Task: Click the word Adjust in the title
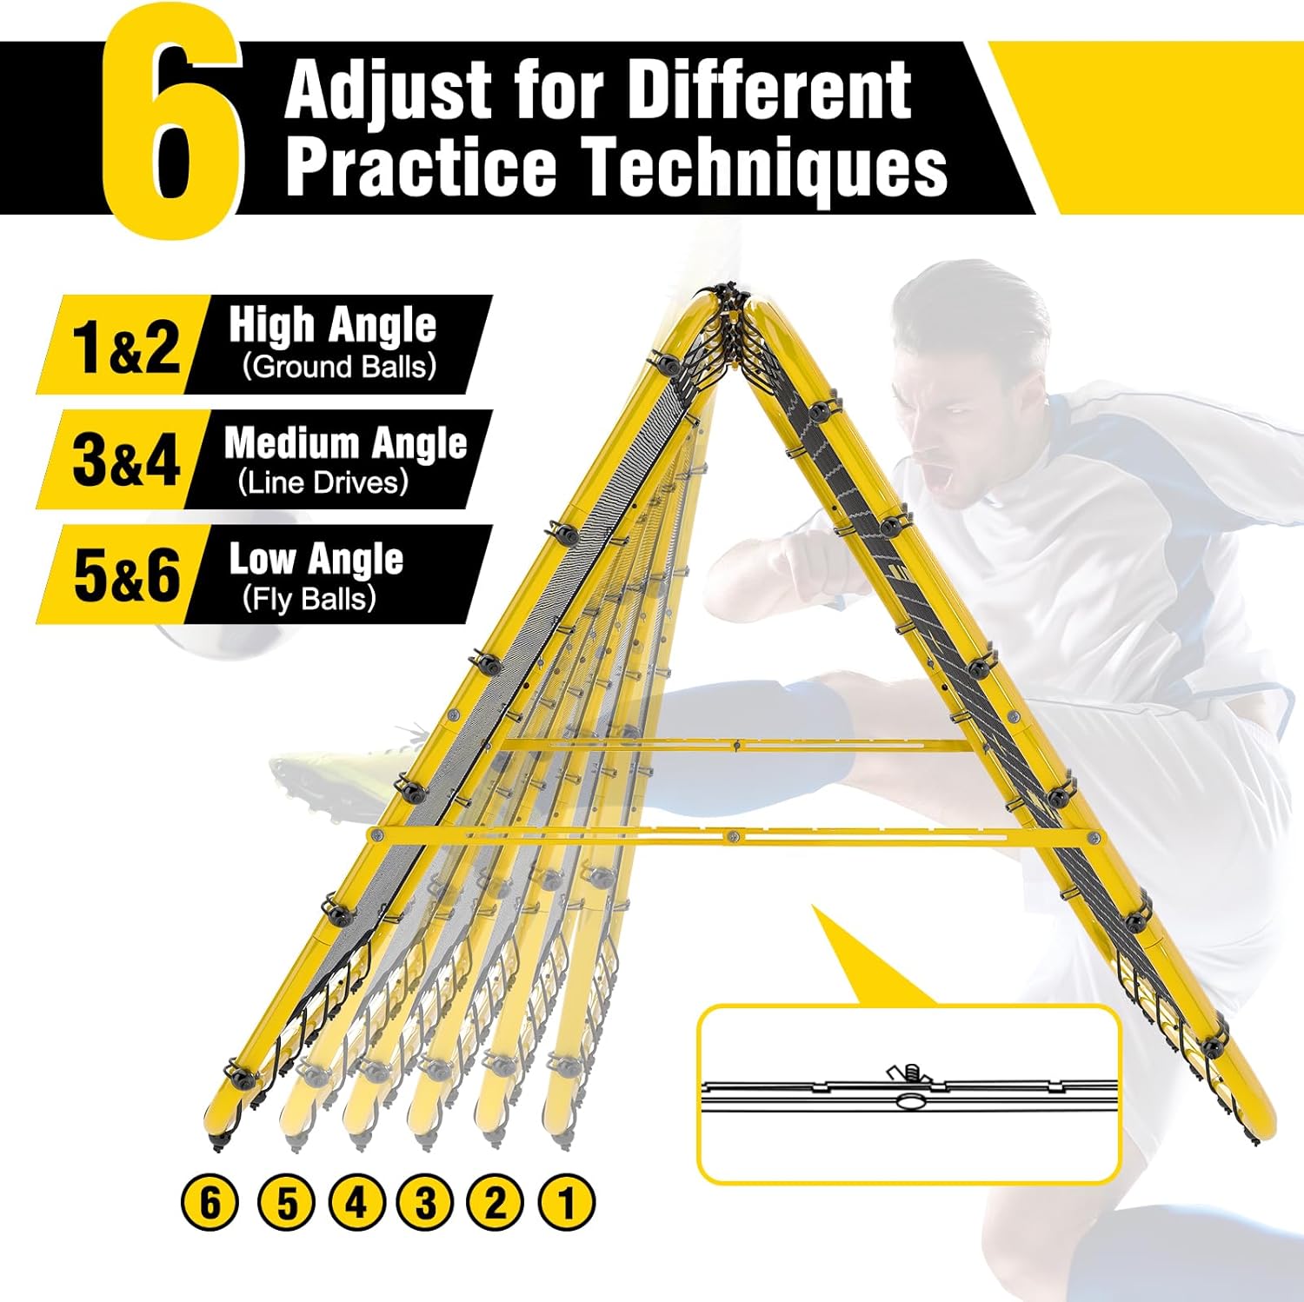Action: pos(388,92)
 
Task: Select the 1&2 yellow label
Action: pos(126,346)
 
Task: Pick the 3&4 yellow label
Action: pos(126,461)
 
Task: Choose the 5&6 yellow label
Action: pos(126,575)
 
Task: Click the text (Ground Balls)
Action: pos(339,366)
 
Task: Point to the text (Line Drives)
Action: pos(323,482)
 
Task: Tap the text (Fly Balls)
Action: pos(309,597)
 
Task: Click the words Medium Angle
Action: pos(346,443)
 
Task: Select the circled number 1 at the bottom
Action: pos(567,1204)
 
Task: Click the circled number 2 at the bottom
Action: pos(496,1204)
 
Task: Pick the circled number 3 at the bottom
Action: pos(425,1204)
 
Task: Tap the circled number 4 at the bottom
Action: pos(356,1204)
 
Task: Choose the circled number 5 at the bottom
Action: pos(286,1204)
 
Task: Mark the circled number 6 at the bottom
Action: pos(210,1204)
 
